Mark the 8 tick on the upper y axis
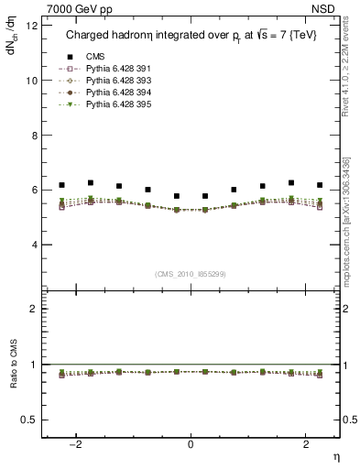click(x=35, y=136)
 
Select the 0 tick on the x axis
click(x=191, y=444)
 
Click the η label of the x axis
click(x=336, y=456)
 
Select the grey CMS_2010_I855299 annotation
click(x=191, y=272)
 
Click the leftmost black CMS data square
click(x=61, y=185)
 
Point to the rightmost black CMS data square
click(x=320, y=185)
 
